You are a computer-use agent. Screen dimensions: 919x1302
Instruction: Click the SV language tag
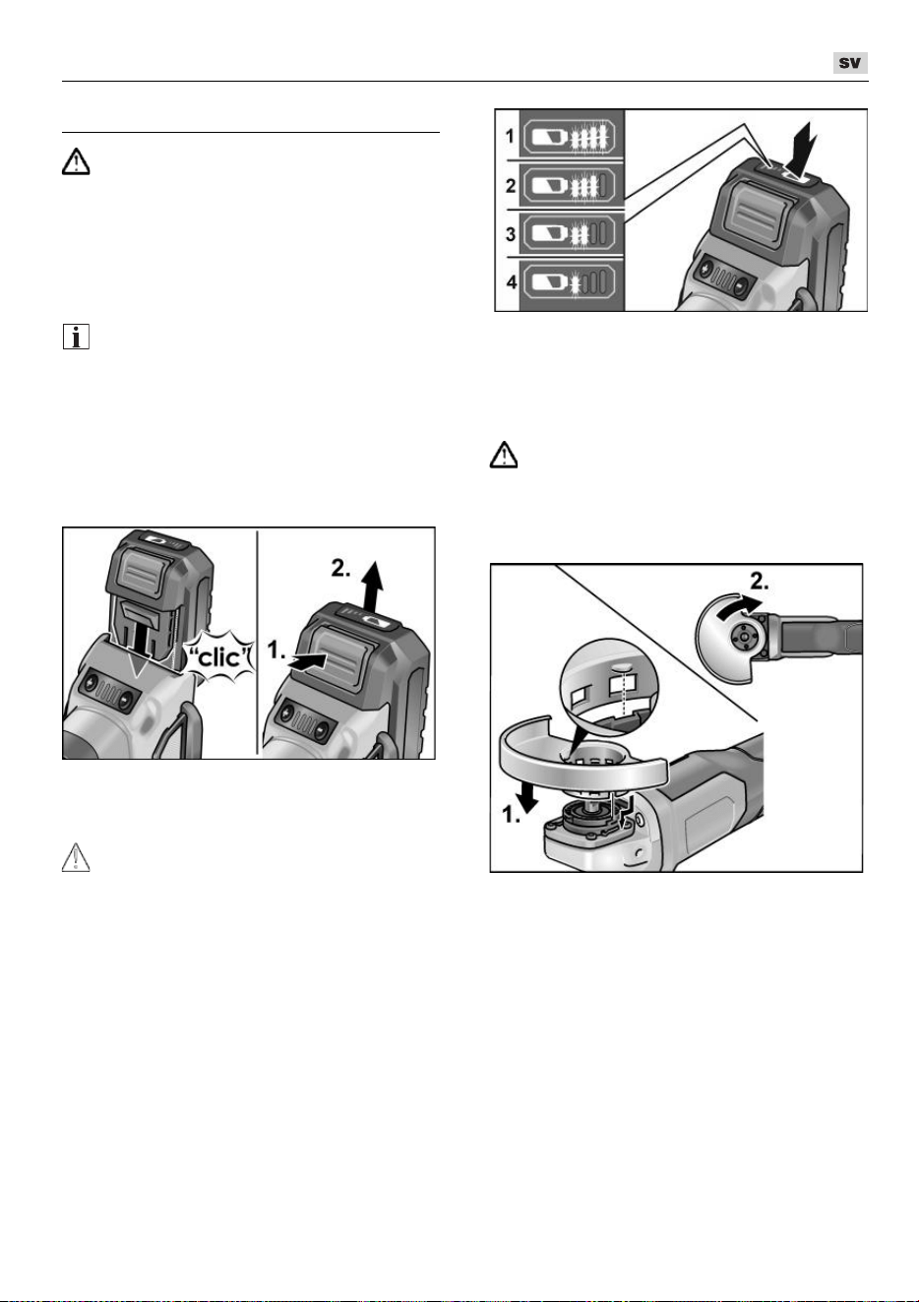(850, 63)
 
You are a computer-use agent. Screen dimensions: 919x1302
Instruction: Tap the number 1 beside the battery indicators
(510, 137)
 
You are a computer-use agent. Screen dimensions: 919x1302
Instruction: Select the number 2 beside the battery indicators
(511, 186)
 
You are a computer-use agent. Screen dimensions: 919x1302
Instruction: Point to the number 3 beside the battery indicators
(511, 235)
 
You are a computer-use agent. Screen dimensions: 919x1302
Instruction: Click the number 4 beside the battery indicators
(511, 282)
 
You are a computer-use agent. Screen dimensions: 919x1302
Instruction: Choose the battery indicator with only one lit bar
(569, 284)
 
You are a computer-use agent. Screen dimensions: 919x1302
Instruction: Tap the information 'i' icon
(76, 337)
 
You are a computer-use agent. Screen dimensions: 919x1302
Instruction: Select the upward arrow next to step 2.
(370, 588)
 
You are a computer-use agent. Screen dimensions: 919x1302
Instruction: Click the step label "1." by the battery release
(276, 650)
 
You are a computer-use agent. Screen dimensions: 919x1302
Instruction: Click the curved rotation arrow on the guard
(737, 607)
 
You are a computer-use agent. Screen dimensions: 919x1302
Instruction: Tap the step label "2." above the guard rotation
(760, 581)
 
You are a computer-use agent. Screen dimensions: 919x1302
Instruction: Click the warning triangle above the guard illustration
(504, 455)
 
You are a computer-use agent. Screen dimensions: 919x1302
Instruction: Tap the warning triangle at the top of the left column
(76, 161)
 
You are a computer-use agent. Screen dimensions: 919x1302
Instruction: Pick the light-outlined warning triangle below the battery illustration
(76, 857)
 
